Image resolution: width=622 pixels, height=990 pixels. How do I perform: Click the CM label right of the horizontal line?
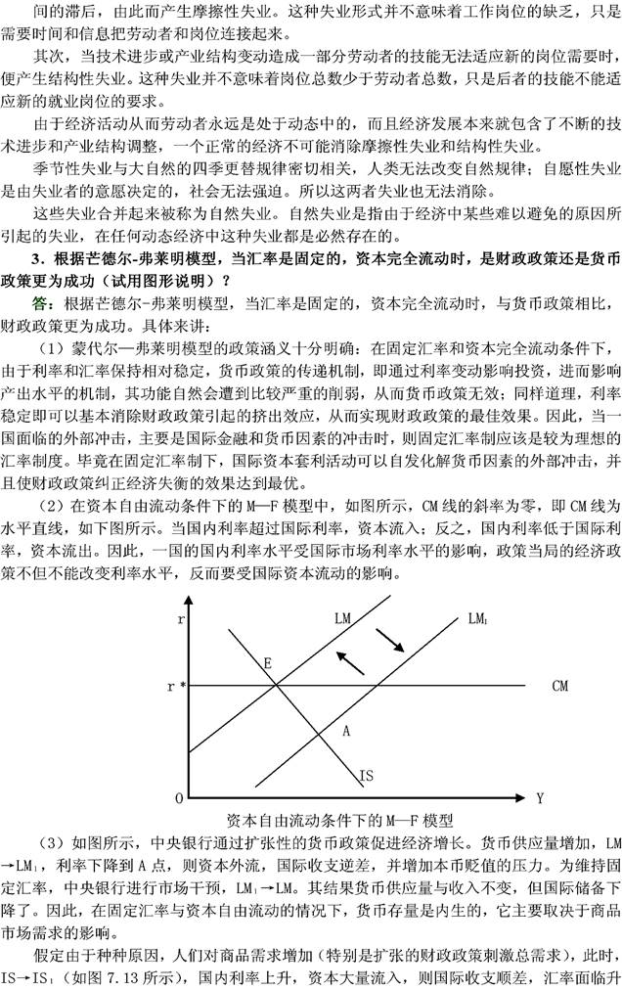559,687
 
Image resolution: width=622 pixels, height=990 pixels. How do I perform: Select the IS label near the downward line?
366,776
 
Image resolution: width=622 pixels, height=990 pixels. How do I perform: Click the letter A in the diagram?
345,730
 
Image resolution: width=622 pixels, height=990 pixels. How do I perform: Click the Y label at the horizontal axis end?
539,798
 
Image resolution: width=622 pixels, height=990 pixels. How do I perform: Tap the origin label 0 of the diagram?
178,798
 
